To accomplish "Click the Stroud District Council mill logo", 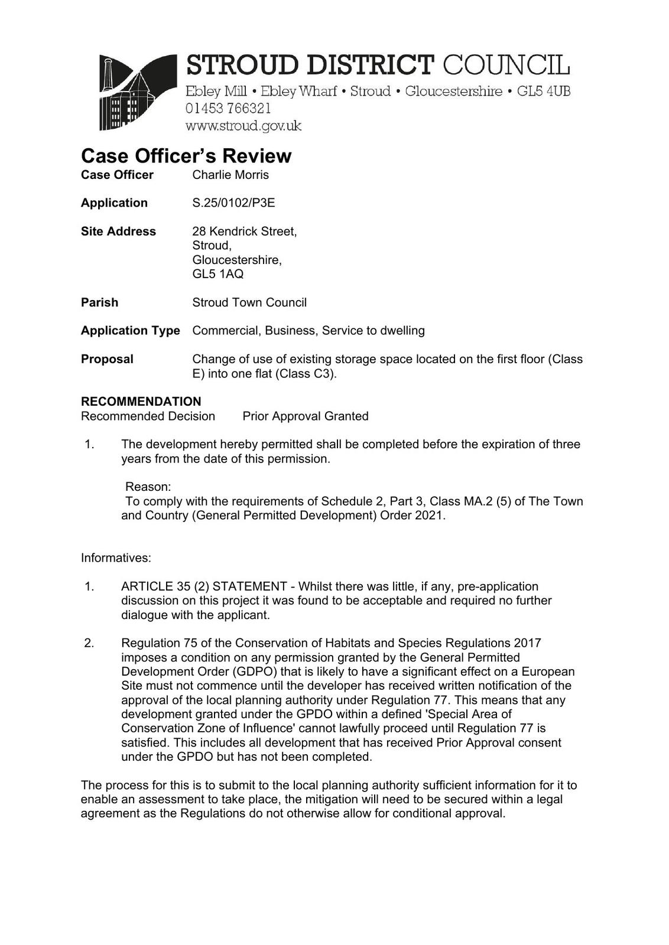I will click(138, 92).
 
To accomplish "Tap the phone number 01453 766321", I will click(228, 109).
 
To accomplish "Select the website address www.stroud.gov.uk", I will click(243, 126).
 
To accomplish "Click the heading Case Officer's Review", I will click(186, 156).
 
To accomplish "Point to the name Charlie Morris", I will click(230, 175).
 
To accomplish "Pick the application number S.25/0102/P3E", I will click(233, 203).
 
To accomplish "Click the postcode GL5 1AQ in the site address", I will click(217, 274).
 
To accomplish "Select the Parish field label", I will click(99, 302).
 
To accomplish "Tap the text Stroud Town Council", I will click(249, 302).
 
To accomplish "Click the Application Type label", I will click(130, 331).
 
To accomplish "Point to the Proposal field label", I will click(107, 359).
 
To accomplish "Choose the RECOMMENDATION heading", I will click(141, 402).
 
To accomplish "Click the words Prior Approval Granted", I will click(305, 416).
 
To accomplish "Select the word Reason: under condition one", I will click(148, 487).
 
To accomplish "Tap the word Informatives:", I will click(116, 558).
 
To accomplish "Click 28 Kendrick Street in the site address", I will click(244, 232).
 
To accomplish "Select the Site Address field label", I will click(118, 232).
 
